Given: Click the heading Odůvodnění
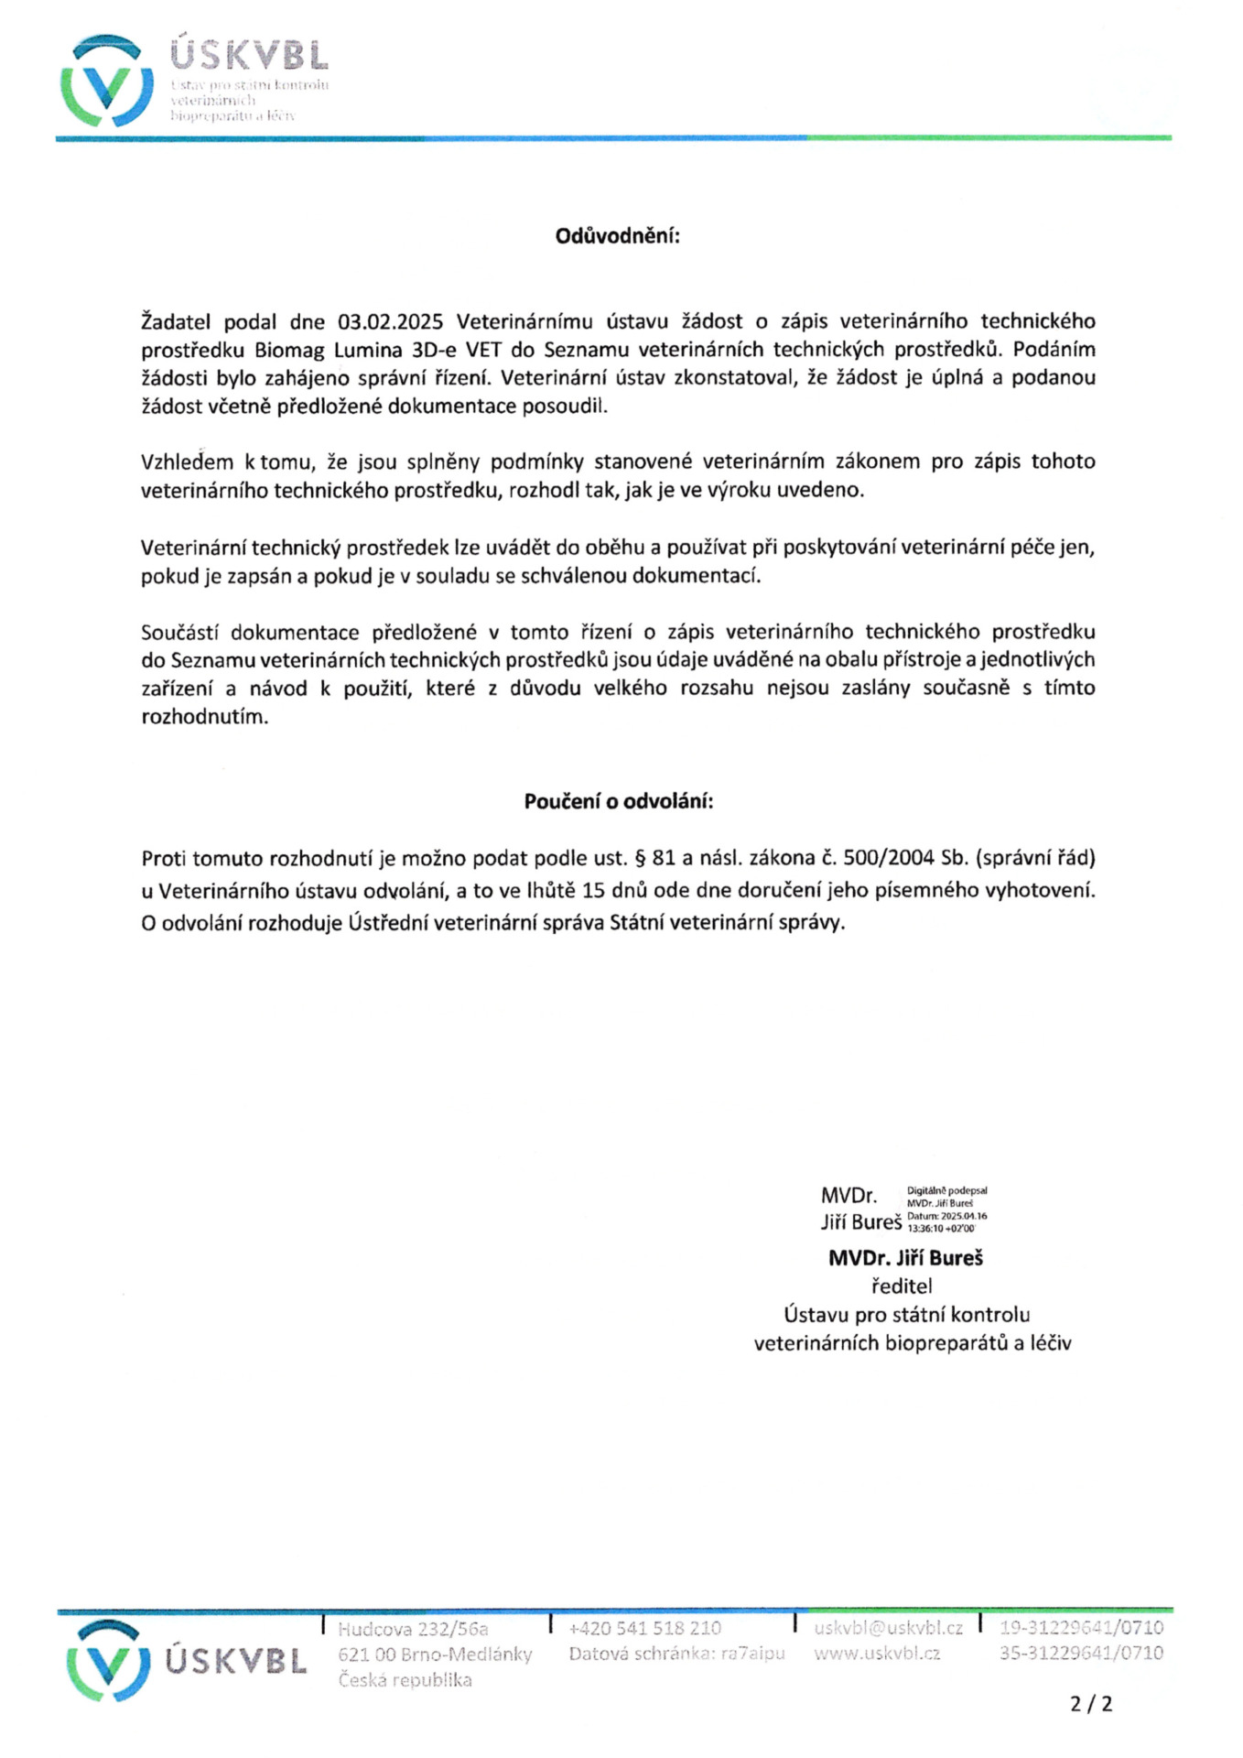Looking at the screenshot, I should coord(618,236).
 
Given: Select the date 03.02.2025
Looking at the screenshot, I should coord(390,321).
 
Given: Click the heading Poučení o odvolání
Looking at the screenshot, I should coord(618,801).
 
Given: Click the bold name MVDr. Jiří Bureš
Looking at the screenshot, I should coord(904,1258).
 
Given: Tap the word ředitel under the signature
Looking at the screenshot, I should coord(902,1286).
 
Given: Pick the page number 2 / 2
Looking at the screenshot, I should coord(1091,1704).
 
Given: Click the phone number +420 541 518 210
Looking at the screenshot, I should coord(644,1628).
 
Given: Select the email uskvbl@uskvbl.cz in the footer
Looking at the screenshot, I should coord(888,1628).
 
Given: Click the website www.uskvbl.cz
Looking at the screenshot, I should coord(876,1654).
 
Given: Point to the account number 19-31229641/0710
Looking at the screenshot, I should coord(1081,1628).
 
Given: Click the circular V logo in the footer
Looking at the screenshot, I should coord(108,1659).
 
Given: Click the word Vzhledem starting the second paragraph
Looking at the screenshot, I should coord(187,461).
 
